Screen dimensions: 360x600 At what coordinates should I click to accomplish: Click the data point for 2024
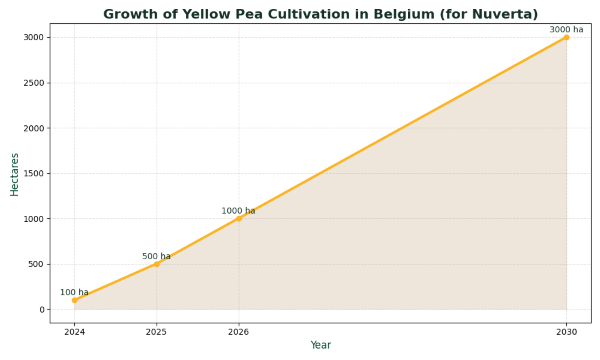tap(74, 300)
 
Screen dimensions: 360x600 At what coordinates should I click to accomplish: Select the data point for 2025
tap(156, 264)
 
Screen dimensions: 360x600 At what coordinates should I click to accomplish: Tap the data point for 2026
tap(238, 218)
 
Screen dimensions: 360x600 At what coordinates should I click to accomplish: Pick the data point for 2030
tap(566, 37)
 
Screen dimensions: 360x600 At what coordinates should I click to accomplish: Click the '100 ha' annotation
tap(74, 292)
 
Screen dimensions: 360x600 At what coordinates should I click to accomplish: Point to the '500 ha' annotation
tap(156, 256)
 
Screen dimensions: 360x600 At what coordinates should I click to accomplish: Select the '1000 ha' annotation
tap(238, 211)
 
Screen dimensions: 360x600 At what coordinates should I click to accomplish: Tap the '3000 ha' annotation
tap(566, 30)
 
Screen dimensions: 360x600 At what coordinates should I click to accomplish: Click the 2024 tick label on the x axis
tap(74, 331)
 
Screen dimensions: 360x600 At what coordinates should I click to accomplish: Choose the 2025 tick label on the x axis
tap(156, 331)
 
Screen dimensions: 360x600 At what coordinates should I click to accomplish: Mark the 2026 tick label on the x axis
tap(238, 331)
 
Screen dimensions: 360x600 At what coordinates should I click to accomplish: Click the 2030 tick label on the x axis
tap(566, 331)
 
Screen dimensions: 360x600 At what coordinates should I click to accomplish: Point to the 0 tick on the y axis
tap(41, 310)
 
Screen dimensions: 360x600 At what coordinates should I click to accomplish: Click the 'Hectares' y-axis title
tap(15, 173)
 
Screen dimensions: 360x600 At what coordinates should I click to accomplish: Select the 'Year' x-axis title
tap(320, 345)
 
